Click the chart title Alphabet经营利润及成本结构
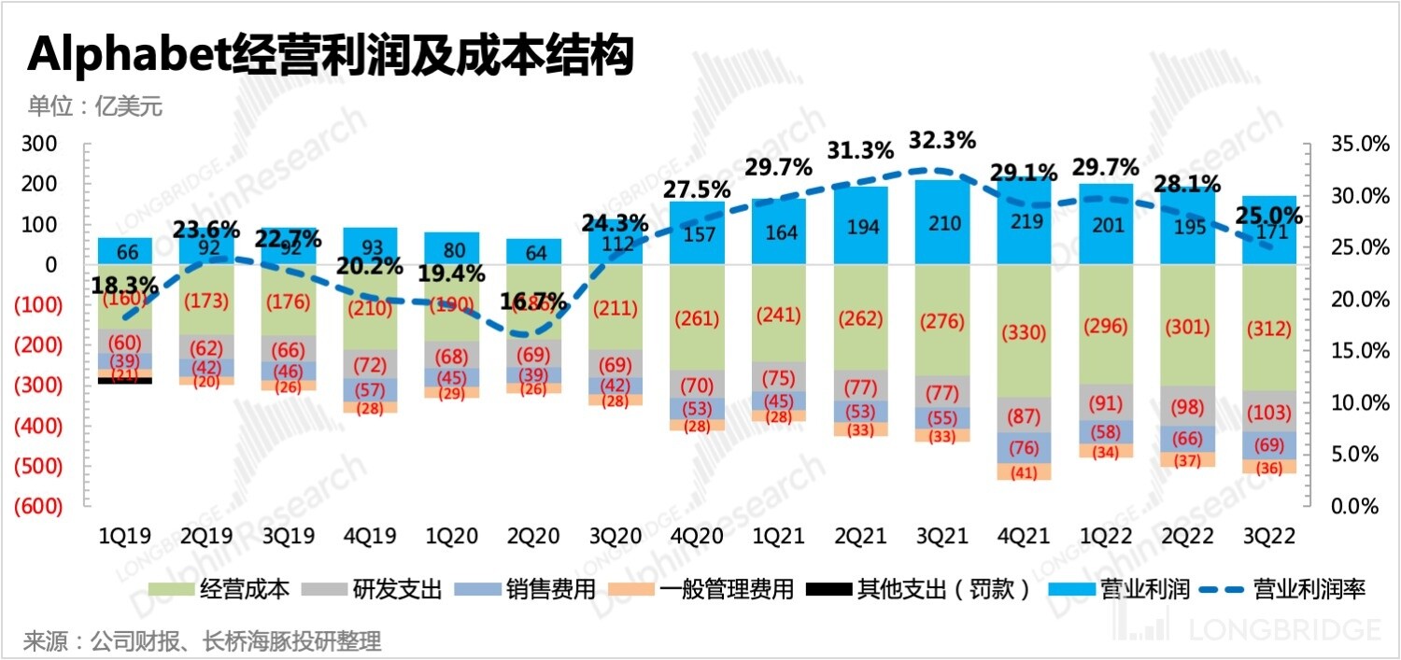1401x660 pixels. (x=331, y=56)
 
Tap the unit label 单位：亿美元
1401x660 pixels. (x=94, y=106)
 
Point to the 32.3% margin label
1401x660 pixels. (x=943, y=141)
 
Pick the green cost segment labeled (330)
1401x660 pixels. (x=1026, y=331)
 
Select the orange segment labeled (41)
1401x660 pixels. (x=1026, y=472)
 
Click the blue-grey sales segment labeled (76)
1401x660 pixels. (x=1026, y=447)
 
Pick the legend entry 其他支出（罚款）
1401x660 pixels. (x=942, y=589)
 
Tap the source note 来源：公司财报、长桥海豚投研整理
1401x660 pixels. (x=203, y=642)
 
